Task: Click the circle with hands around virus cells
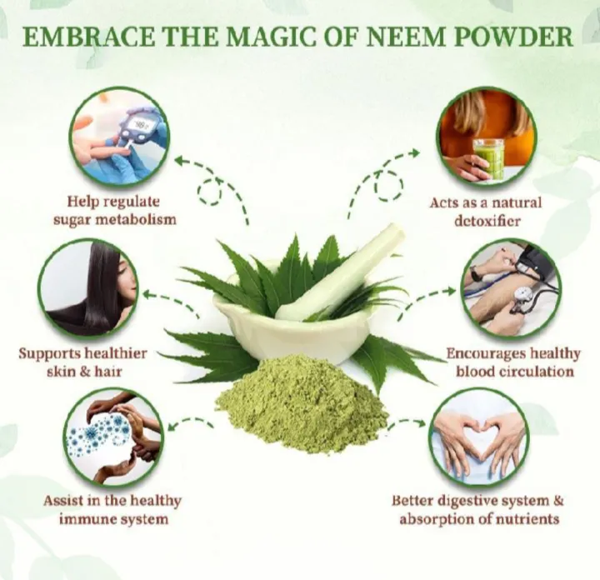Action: [112, 436]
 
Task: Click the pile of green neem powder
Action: [302, 406]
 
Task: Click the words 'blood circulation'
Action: [514, 372]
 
